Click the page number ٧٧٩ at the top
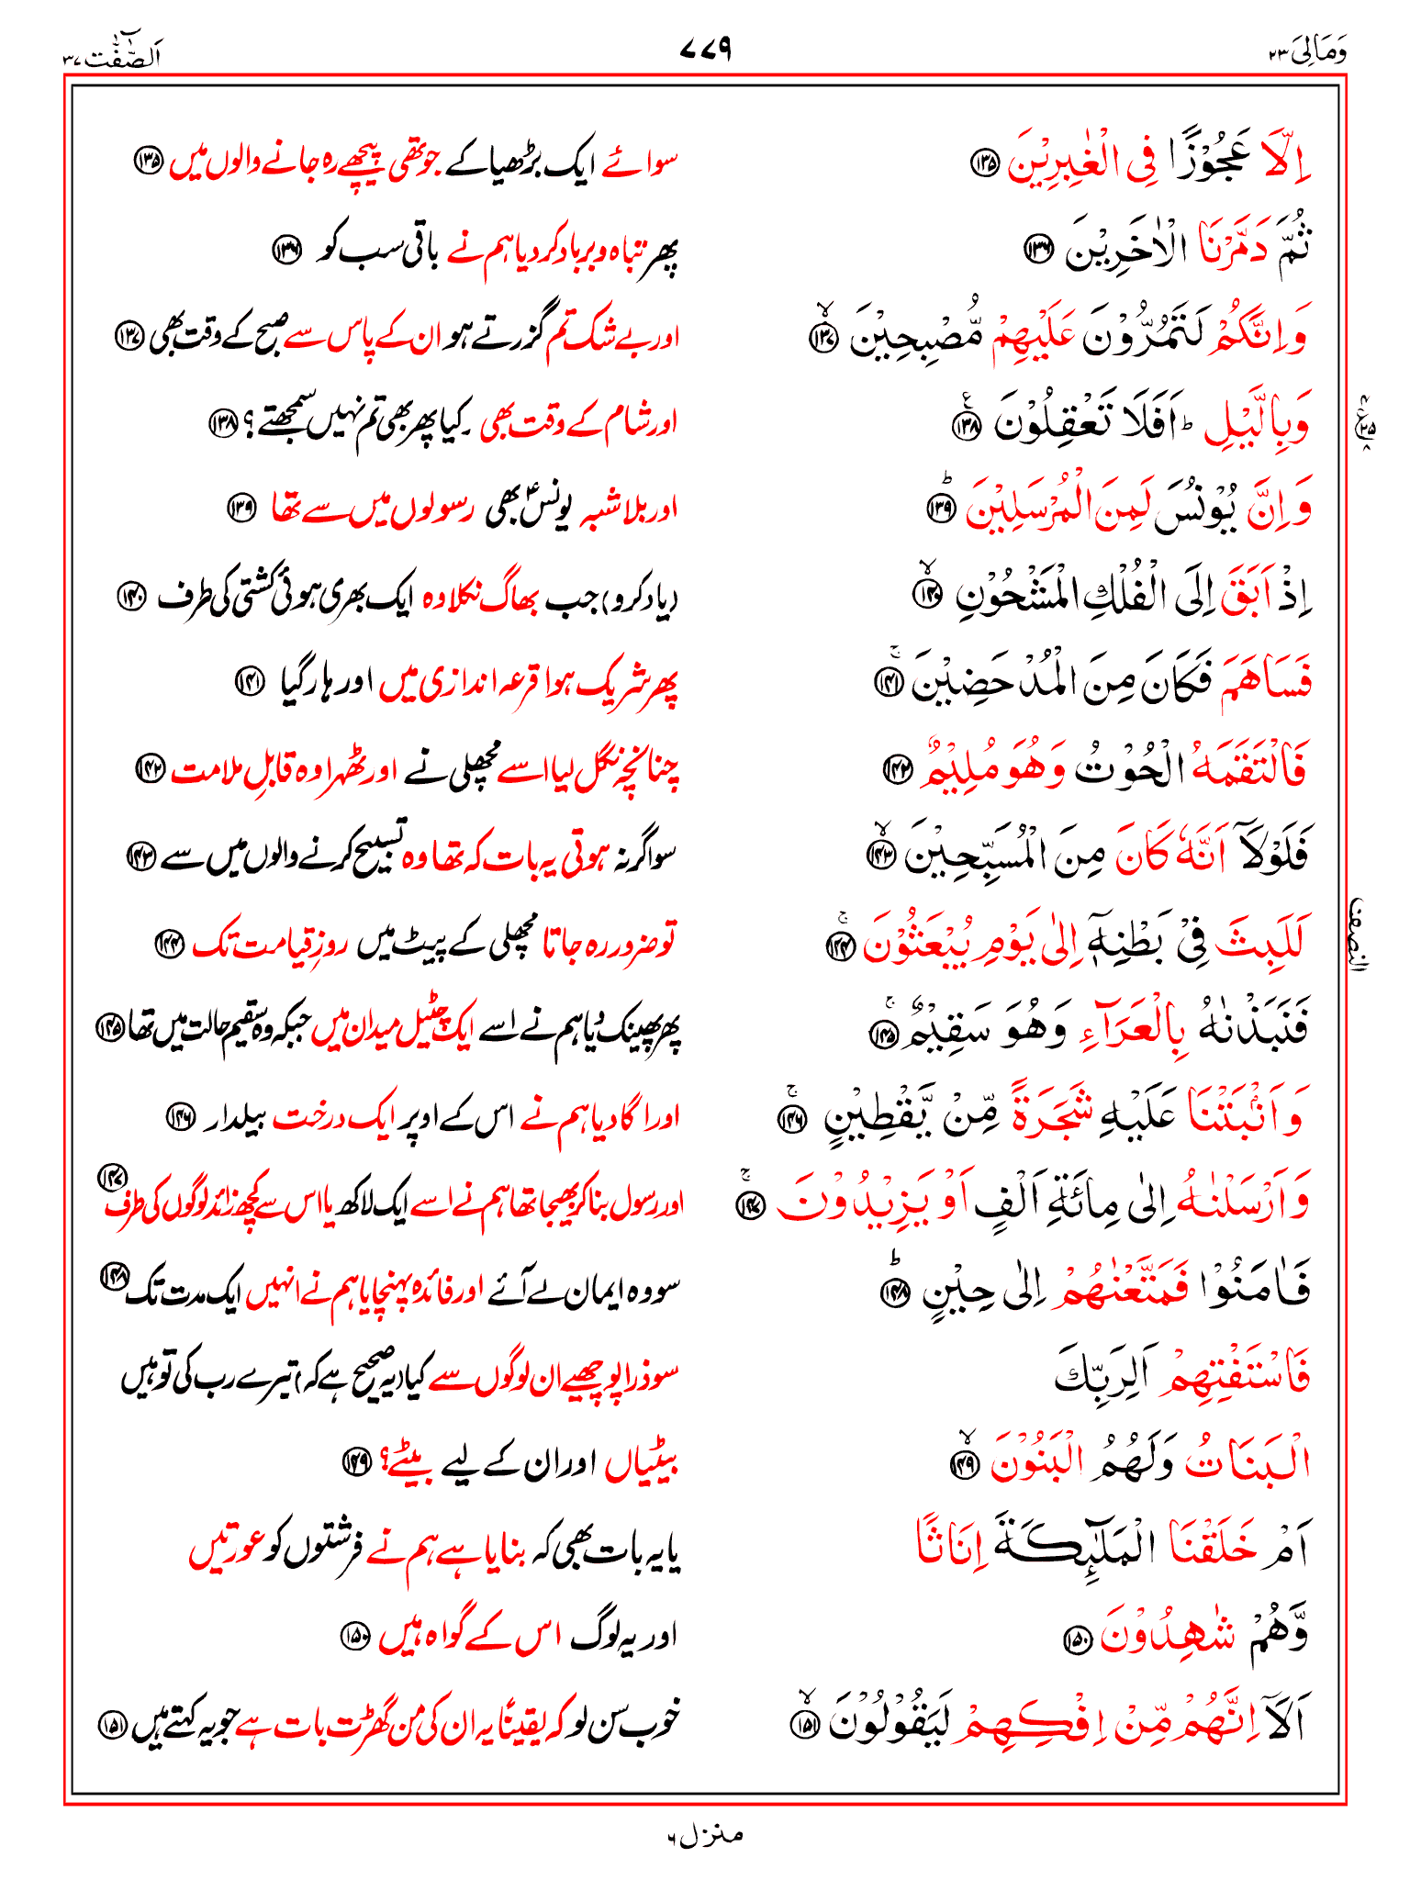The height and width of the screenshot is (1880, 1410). click(x=705, y=49)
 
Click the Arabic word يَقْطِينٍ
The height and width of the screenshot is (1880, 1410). click(x=876, y=1115)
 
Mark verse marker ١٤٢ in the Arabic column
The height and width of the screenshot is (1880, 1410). click(x=894, y=770)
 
